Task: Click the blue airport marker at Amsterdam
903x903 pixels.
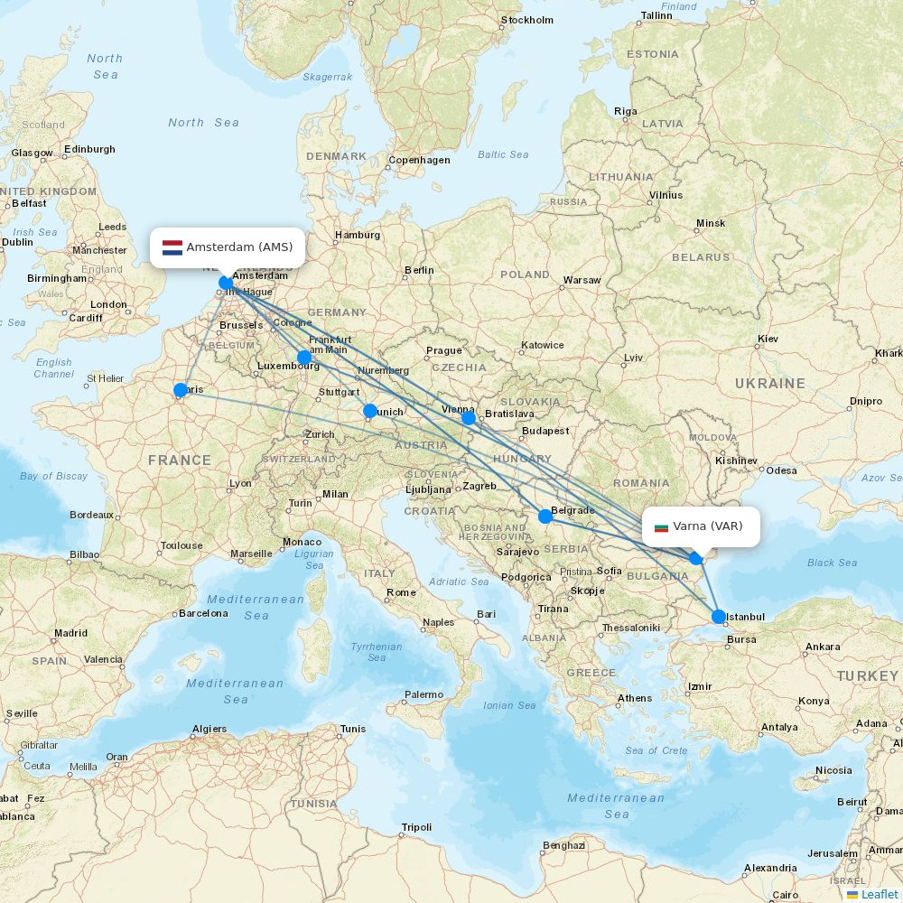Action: pos(226,283)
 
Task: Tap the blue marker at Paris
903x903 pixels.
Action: pos(181,390)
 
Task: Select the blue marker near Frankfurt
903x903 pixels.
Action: pos(304,357)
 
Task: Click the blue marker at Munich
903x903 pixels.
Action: pos(369,411)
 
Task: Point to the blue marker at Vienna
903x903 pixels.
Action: pos(468,417)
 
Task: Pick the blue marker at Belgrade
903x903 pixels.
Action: pos(545,517)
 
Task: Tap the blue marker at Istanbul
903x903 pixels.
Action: pos(719,617)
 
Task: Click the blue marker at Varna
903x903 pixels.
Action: pos(696,558)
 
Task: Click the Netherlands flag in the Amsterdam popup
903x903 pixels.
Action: pos(172,247)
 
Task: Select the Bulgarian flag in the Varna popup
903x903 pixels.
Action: pos(661,526)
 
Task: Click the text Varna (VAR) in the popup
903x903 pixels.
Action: pos(708,526)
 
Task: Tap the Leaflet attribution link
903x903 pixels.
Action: pos(879,894)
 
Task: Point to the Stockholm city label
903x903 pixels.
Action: pos(527,20)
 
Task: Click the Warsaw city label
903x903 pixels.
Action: pos(582,280)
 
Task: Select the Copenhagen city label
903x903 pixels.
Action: pos(419,161)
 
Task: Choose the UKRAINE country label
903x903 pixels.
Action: pos(769,384)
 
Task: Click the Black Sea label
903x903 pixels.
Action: pos(832,563)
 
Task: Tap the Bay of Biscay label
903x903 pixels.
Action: pos(54,476)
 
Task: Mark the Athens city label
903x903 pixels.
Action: pos(635,698)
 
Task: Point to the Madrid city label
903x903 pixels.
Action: pos(70,634)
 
